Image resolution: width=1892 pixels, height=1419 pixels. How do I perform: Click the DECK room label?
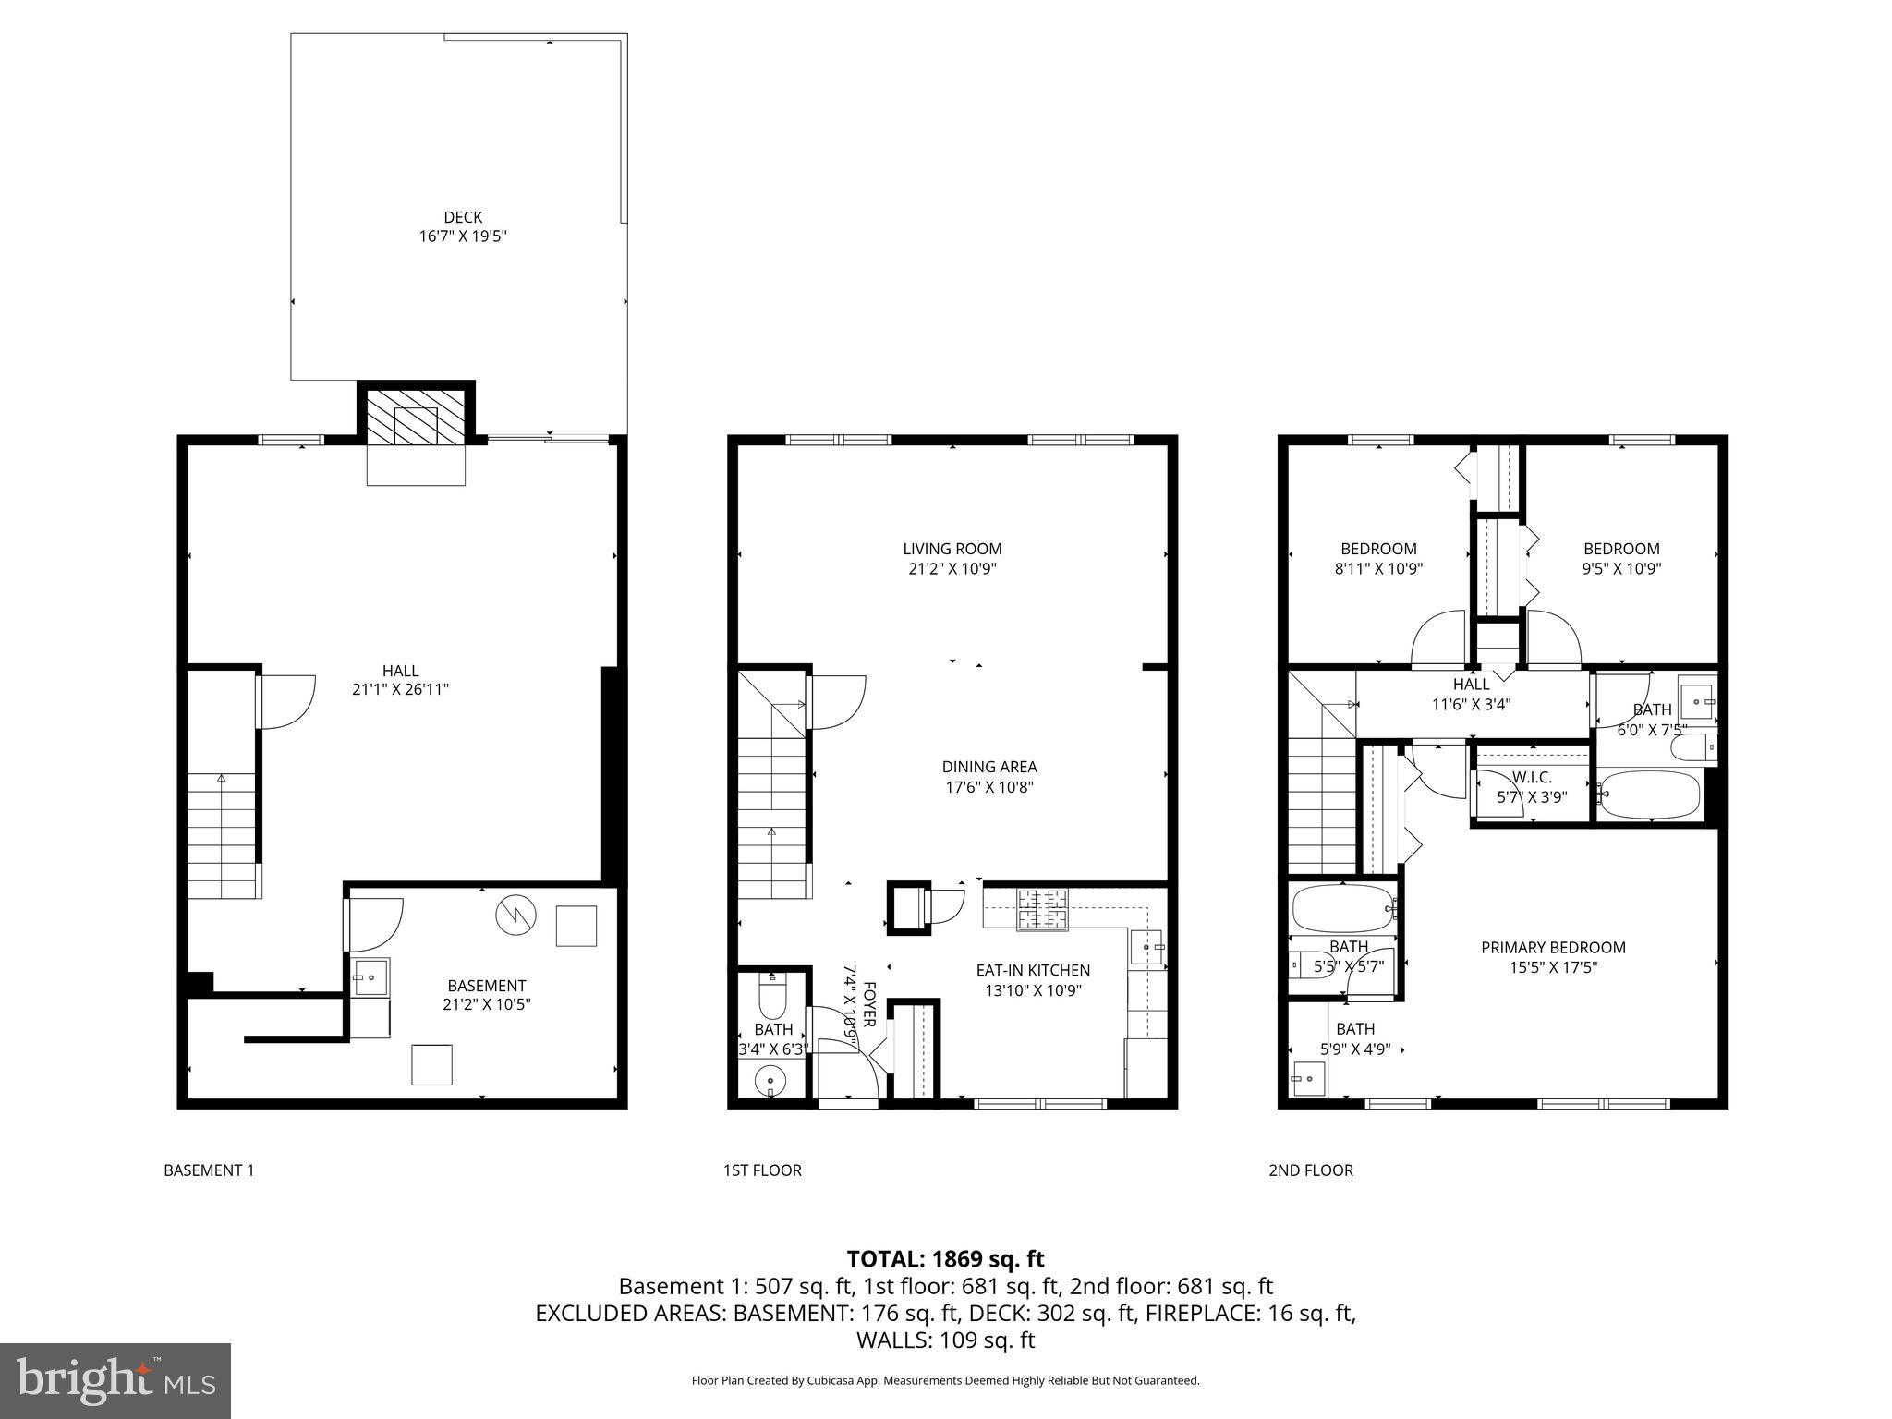click(x=463, y=217)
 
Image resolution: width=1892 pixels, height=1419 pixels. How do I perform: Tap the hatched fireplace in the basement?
click(x=415, y=417)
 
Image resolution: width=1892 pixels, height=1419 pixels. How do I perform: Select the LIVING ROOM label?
click(x=952, y=549)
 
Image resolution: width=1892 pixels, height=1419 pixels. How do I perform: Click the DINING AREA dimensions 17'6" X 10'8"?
click(x=988, y=787)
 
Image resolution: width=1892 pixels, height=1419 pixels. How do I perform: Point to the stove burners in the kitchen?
click(x=1042, y=909)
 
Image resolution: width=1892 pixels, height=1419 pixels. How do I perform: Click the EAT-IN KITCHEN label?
click(x=1033, y=970)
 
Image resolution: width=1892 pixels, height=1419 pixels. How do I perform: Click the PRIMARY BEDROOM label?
click(x=1553, y=947)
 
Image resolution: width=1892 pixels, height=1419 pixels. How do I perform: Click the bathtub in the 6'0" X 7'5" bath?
click(x=1649, y=794)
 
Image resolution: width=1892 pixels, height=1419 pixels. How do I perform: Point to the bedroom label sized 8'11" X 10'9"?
click(x=1378, y=549)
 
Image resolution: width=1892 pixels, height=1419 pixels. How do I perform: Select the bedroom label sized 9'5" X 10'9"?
click(x=1621, y=549)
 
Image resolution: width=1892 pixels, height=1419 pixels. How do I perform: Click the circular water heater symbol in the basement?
click(x=515, y=916)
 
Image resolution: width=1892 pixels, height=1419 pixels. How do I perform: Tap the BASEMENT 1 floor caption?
click(x=209, y=1170)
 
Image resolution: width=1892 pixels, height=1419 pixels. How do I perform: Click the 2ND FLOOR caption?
click(x=1310, y=1170)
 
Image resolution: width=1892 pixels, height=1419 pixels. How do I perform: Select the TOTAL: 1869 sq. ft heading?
click(x=945, y=1258)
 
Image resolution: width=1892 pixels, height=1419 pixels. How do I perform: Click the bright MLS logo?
click(x=115, y=1380)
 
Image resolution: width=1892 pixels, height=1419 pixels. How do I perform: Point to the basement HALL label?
click(x=400, y=671)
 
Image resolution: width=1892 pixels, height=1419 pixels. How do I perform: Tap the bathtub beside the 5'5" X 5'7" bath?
click(x=1342, y=909)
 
